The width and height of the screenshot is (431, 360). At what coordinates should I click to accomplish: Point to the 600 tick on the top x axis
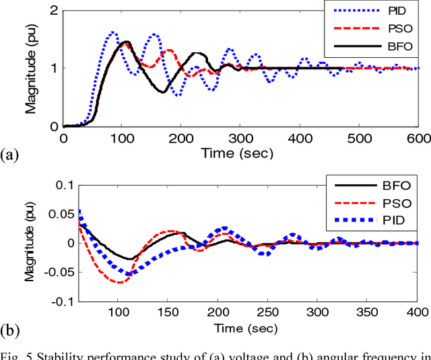(418, 138)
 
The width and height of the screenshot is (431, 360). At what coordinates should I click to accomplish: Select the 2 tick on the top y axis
(52, 9)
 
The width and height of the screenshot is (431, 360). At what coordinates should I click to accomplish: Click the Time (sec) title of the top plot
(237, 153)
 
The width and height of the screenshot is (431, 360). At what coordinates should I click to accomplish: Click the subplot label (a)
(10, 155)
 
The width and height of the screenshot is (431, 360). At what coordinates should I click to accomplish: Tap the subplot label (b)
(10, 330)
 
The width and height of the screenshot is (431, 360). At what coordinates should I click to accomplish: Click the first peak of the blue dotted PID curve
(113, 32)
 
